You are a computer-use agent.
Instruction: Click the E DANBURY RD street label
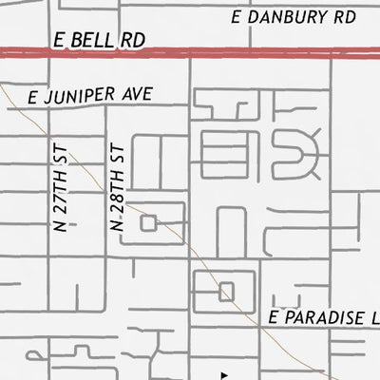point(293,17)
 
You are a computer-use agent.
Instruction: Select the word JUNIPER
point(81,97)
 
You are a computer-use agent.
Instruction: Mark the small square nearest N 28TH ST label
point(148,222)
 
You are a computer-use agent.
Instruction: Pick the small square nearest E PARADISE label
point(226,292)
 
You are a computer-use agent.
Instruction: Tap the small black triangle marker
point(224,374)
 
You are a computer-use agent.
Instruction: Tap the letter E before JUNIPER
point(33,98)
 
